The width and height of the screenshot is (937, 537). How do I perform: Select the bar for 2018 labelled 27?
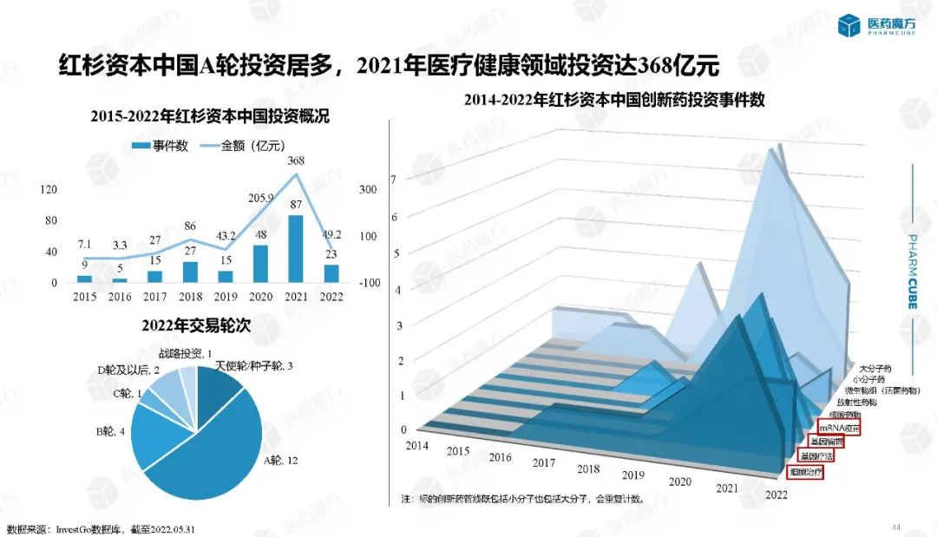tap(191, 272)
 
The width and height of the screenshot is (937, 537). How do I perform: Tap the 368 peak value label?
tap(296, 160)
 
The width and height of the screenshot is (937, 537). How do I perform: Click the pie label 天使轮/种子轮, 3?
tap(252, 367)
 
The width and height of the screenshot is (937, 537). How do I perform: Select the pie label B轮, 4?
tap(111, 431)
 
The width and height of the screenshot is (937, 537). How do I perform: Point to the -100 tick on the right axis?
tap(369, 283)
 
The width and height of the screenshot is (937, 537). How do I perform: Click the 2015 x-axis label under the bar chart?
tap(84, 296)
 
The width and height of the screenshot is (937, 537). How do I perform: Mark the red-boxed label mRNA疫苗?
tap(837, 428)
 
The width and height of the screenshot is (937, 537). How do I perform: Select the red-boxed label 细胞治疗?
tap(804, 473)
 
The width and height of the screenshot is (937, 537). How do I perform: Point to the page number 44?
tap(896, 527)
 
